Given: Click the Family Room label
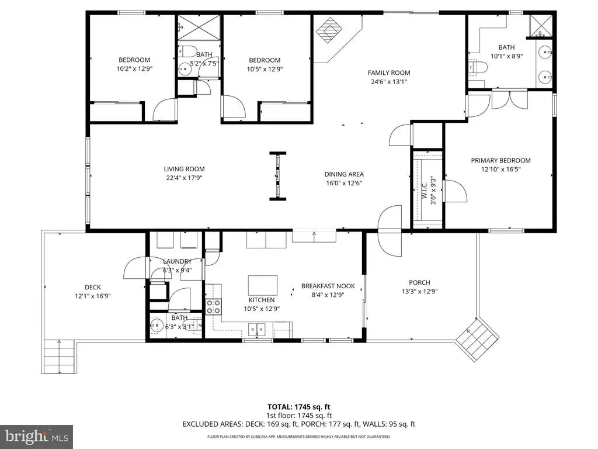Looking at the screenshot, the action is click(389, 72).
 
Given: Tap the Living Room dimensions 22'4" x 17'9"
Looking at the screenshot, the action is click(184, 178).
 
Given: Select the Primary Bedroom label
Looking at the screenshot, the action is click(500, 160).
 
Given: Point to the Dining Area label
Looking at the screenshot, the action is click(344, 174).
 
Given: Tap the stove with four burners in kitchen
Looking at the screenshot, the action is click(214, 306).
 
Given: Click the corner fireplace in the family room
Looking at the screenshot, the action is click(329, 30).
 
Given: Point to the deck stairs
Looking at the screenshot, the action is click(60, 356).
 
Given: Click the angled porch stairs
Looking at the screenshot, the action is click(478, 339).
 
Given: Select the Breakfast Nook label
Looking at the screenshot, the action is click(328, 286).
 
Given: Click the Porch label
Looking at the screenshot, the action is click(419, 282).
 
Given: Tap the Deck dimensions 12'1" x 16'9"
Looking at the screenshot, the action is click(93, 296).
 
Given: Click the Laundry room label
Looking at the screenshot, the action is click(177, 261).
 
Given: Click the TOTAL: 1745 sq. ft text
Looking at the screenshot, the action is click(298, 407).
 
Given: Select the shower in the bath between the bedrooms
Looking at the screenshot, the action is click(199, 27).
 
